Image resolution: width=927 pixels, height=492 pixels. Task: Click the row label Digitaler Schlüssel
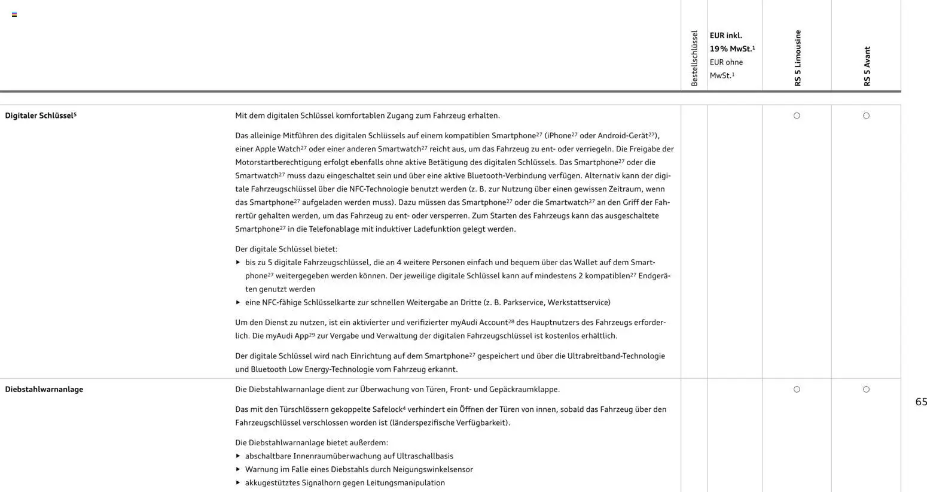tap(40, 116)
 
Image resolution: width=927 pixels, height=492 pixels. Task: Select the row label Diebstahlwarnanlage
tap(44, 389)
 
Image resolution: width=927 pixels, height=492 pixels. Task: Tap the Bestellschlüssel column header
tap(694, 58)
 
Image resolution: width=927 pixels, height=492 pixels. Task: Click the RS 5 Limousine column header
tap(797, 58)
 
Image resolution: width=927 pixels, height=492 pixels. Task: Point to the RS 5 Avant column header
tap(867, 66)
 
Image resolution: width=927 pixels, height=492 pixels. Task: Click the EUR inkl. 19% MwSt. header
tap(731, 42)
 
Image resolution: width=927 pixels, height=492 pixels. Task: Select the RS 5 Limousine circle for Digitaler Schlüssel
tap(797, 116)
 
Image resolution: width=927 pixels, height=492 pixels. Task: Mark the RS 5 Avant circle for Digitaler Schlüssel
tap(866, 116)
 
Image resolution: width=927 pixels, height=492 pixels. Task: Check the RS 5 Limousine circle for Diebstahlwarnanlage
tap(797, 390)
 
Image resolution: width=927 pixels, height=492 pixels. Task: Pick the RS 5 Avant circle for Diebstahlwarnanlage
tap(866, 390)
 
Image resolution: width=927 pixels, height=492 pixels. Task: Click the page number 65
tap(921, 402)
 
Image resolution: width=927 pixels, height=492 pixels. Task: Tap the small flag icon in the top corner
tap(14, 14)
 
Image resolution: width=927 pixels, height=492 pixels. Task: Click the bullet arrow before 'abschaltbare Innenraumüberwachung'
tap(238, 456)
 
